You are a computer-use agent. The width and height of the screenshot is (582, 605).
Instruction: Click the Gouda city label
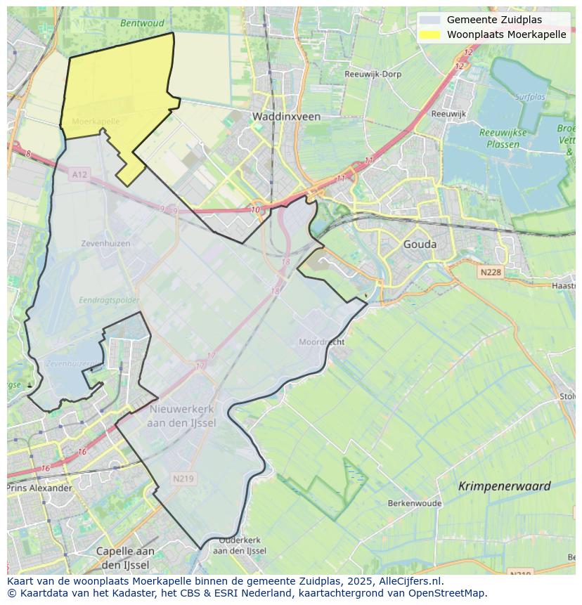pyautogui.click(x=420, y=245)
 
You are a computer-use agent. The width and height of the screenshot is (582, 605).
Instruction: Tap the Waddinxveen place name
pyautogui.click(x=286, y=117)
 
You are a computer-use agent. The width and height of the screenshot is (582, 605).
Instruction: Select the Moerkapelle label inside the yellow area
pyautogui.click(x=96, y=122)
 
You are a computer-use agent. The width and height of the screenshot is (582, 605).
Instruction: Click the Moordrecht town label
pyautogui.click(x=321, y=341)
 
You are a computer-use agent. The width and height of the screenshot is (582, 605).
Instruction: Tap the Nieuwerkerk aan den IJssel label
pyautogui.click(x=182, y=415)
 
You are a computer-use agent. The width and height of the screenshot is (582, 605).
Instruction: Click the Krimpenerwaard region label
pyautogui.click(x=504, y=486)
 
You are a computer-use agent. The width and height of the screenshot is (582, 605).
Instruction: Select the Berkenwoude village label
pyautogui.click(x=415, y=503)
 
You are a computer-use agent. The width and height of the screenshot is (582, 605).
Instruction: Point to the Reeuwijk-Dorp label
pyautogui.click(x=373, y=74)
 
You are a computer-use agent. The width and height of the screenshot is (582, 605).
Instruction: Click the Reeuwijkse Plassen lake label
pyautogui.click(x=499, y=138)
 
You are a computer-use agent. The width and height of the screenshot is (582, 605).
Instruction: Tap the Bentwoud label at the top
pyautogui.click(x=142, y=23)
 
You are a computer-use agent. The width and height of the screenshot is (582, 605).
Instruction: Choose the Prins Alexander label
pyautogui.click(x=39, y=488)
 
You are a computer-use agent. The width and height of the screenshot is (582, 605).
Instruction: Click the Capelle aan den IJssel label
pyautogui.click(x=125, y=558)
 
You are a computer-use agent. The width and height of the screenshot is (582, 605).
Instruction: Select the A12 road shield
pyautogui.click(x=79, y=174)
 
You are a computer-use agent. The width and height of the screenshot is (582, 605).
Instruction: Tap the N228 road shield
pyautogui.click(x=491, y=272)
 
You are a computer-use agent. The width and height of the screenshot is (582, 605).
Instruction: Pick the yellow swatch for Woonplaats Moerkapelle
pyautogui.click(x=430, y=34)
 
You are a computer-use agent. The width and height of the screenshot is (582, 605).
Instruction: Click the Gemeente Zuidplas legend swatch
pyautogui.click(x=430, y=20)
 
